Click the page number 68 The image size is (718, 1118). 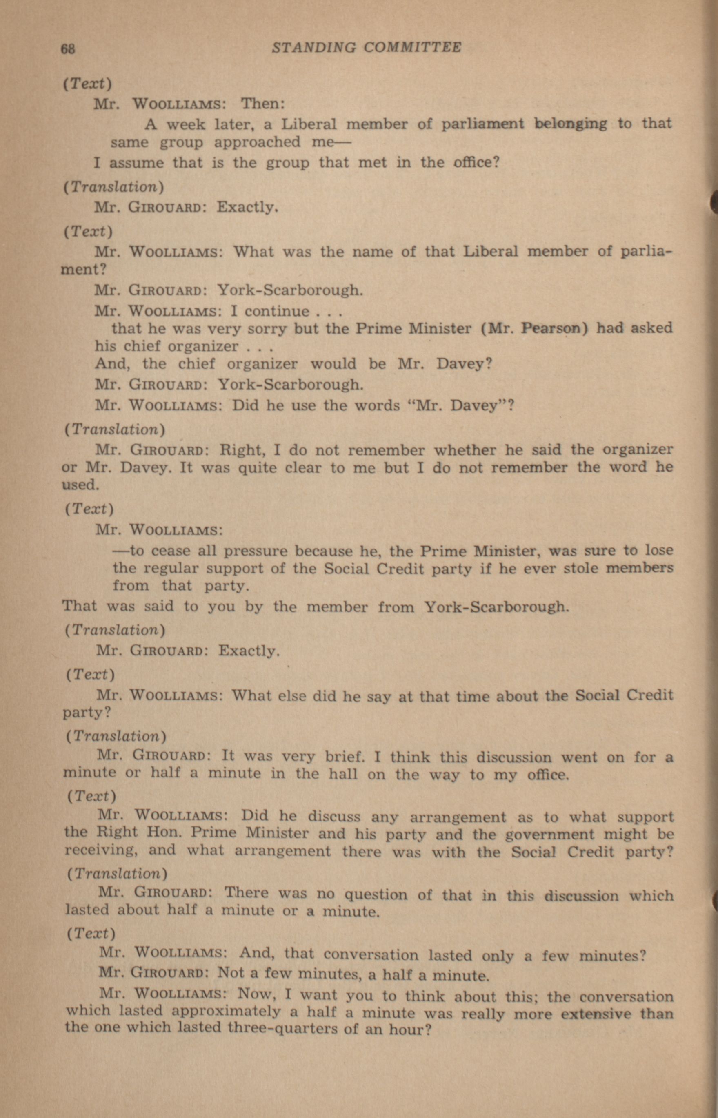pos(68,49)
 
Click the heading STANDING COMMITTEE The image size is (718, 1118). pos(367,47)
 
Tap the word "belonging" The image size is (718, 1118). pos(571,124)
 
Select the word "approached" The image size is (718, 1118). pos(257,142)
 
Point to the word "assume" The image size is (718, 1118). pos(137,163)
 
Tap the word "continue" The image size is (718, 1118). pos(277,311)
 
